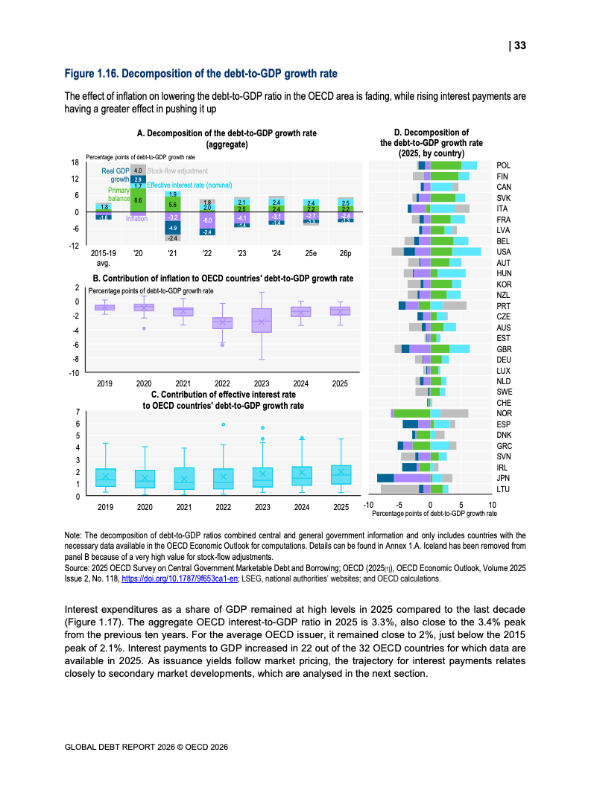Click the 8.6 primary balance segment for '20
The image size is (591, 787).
tap(138, 200)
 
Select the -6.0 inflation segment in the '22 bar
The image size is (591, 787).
tap(207, 221)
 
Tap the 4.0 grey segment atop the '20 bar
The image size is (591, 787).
tap(138, 171)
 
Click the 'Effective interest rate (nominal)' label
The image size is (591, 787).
tap(189, 185)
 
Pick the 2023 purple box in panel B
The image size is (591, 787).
tap(261, 321)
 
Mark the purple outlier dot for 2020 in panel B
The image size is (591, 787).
tap(144, 328)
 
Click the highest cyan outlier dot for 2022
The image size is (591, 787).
tap(223, 424)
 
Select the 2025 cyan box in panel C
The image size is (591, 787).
tap(341, 475)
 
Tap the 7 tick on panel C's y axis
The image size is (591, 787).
tap(78, 412)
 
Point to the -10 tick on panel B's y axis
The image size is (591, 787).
tap(75, 372)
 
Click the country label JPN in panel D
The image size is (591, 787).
tap(503, 478)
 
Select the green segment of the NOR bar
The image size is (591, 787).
tap(412, 413)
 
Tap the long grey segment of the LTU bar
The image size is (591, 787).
tap(399, 488)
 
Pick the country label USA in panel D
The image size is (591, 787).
tap(504, 252)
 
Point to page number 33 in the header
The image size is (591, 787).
tap(520, 45)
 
